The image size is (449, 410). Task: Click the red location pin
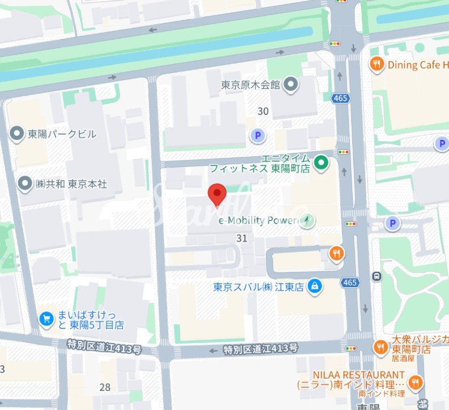tap(217, 194)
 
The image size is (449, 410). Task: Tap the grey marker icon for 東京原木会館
tap(290, 86)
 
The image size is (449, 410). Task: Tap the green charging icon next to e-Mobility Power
tap(307, 220)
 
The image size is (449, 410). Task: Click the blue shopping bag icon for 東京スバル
tap(315, 287)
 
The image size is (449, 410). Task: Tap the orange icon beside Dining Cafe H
tap(376, 65)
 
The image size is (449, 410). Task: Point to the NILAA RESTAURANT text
tap(359, 375)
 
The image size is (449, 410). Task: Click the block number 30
tap(263, 112)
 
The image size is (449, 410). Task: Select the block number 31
tap(242, 238)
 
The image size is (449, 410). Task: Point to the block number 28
tap(105, 387)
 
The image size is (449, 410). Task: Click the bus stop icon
tap(376, 276)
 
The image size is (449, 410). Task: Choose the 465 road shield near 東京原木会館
tap(341, 99)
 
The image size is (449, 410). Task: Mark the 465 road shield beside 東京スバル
tap(350, 282)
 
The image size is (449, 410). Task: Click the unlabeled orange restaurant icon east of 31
tap(336, 254)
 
